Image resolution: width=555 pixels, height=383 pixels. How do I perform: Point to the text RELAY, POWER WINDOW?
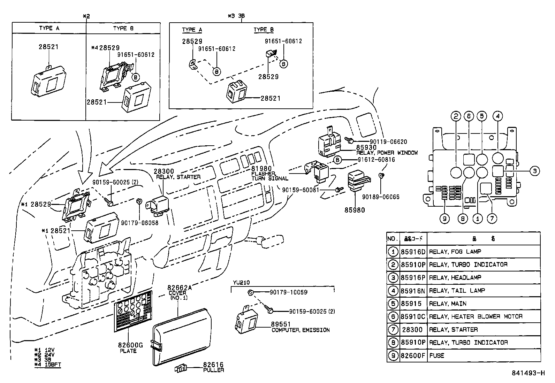(x=387, y=153)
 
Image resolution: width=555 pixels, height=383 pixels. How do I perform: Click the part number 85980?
(x=355, y=210)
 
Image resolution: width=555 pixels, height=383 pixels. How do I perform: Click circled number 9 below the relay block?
(x=444, y=219)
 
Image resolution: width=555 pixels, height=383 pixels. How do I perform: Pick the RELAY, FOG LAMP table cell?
(x=455, y=252)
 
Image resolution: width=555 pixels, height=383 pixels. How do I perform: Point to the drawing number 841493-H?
(x=528, y=373)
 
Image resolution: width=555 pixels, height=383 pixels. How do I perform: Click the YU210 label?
(x=241, y=282)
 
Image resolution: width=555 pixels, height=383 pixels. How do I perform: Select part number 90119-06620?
(x=388, y=142)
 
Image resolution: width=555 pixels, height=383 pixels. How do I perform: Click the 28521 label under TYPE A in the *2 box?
(x=48, y=47)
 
